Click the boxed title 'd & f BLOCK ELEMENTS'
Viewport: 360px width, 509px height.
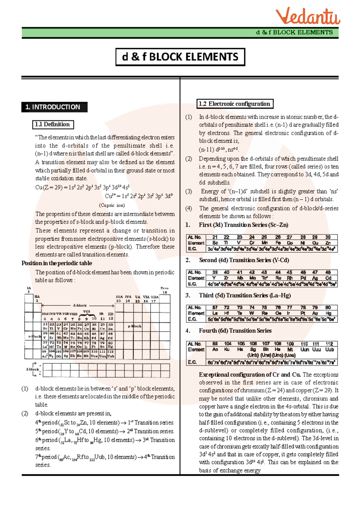pos(180,57)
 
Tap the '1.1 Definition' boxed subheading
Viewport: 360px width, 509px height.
pos(53,124)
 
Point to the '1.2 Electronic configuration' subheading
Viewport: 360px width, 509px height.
pos(235,104)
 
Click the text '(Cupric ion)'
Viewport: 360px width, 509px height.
pos(112,205)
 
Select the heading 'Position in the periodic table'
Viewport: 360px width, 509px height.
pos(57,263)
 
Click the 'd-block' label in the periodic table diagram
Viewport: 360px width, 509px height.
pos(79,305)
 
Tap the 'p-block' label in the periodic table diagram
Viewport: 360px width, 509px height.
pos(134,326)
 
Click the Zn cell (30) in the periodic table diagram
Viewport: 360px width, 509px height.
pos(111,326)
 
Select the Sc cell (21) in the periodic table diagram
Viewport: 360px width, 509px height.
pos(45,326)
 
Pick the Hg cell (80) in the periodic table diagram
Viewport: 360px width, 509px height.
pos(111,345)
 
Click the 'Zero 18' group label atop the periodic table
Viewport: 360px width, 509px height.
pos(164,290)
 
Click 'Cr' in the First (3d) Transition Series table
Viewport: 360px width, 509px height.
pos(252,243)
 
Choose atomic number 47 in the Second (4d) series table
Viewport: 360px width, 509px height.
pos(315,272)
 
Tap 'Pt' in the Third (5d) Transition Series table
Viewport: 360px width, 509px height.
pos(303,313)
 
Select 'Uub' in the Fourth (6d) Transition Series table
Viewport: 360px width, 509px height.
pos(329,350)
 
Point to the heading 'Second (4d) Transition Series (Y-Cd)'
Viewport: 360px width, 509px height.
pos(244,260)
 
